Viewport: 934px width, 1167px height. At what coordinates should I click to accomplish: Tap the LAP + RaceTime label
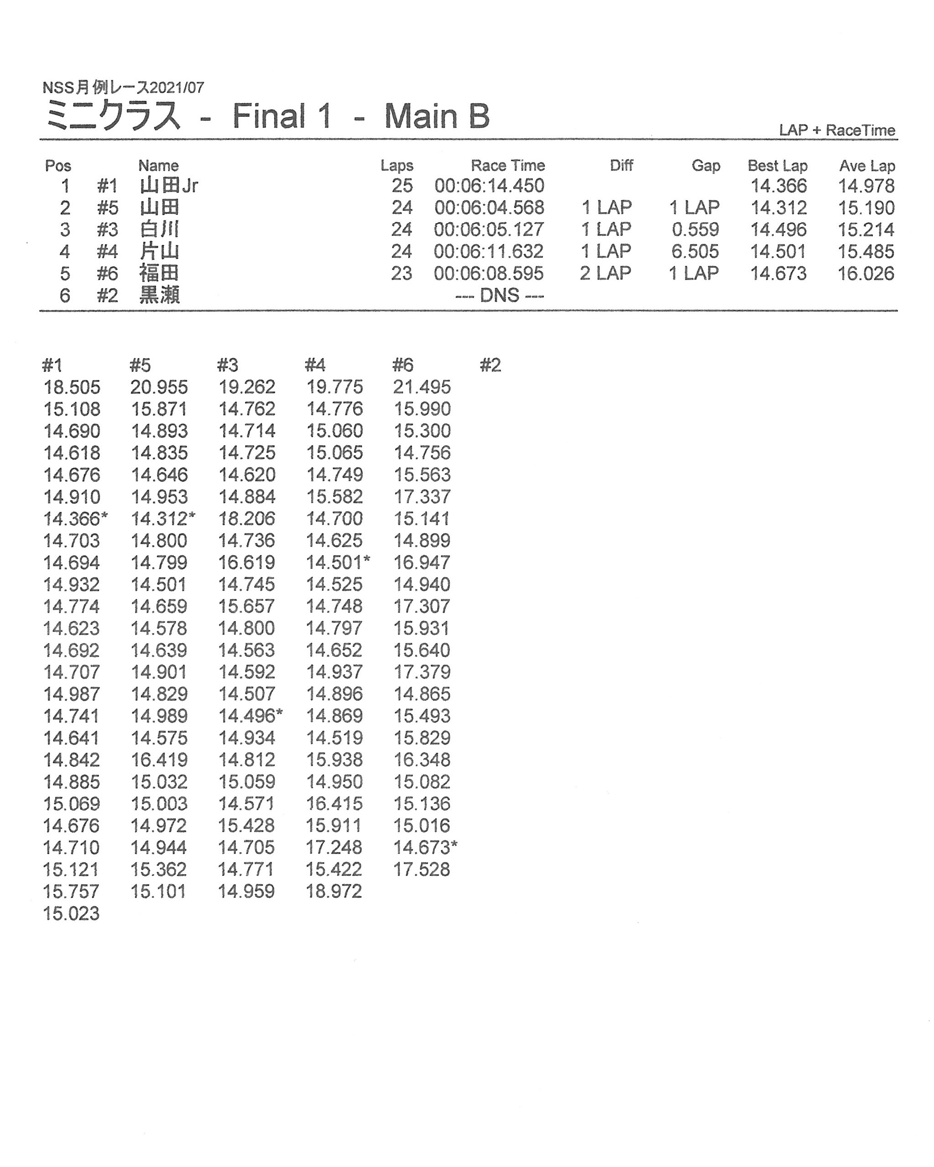836,130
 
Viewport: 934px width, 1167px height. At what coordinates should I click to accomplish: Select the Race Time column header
507,166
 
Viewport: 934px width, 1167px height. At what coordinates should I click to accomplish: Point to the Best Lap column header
777,166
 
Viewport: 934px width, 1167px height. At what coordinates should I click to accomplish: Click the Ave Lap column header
866,166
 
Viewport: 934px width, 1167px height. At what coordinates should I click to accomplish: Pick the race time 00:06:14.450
489,186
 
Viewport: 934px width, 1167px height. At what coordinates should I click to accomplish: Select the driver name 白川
159,229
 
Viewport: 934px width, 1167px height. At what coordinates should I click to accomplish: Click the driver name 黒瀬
159,296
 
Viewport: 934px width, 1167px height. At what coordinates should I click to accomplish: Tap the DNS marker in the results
499,296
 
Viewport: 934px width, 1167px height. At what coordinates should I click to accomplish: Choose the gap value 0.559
695,229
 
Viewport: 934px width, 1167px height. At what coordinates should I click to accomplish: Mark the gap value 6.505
695,252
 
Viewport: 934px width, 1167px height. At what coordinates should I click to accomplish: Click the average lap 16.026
865,273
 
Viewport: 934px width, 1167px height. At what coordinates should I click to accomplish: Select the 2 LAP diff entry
605,273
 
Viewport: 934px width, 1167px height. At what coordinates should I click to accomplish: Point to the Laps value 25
402,186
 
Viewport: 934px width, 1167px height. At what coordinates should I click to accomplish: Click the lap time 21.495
422,387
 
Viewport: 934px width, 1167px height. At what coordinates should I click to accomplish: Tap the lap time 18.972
334,891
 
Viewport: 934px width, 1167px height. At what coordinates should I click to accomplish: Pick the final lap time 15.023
72,913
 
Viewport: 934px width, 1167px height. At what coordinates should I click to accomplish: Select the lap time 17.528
422,869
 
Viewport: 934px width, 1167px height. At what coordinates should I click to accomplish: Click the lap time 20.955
159,387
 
